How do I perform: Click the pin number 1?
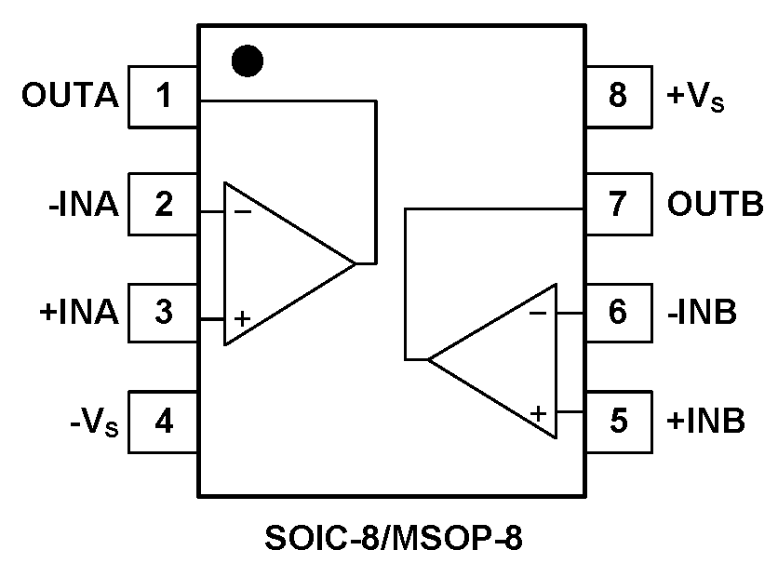point(164,96)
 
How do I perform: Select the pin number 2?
point(164,204)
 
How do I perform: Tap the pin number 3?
point(164,313)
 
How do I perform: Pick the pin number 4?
point(164,422)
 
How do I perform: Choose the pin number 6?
point(618,313)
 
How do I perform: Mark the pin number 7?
point(618,204)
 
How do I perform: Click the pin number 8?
point(618,96)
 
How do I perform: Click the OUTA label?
point(72,96)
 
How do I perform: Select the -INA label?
point(84,204)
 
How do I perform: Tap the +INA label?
point(79,313)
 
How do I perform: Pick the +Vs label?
point(695,97)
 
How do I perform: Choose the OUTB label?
point(715,204)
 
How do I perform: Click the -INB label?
point(702,313)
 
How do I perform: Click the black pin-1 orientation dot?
point(248,61)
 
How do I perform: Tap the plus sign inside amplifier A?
point(242,319)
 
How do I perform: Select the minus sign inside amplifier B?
point(538,313)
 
